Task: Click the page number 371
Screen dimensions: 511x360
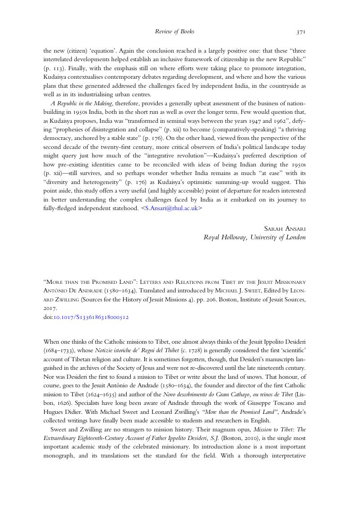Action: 301,32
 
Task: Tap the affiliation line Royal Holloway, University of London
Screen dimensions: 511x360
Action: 255,238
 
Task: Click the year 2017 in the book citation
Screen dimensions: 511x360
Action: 50,309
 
